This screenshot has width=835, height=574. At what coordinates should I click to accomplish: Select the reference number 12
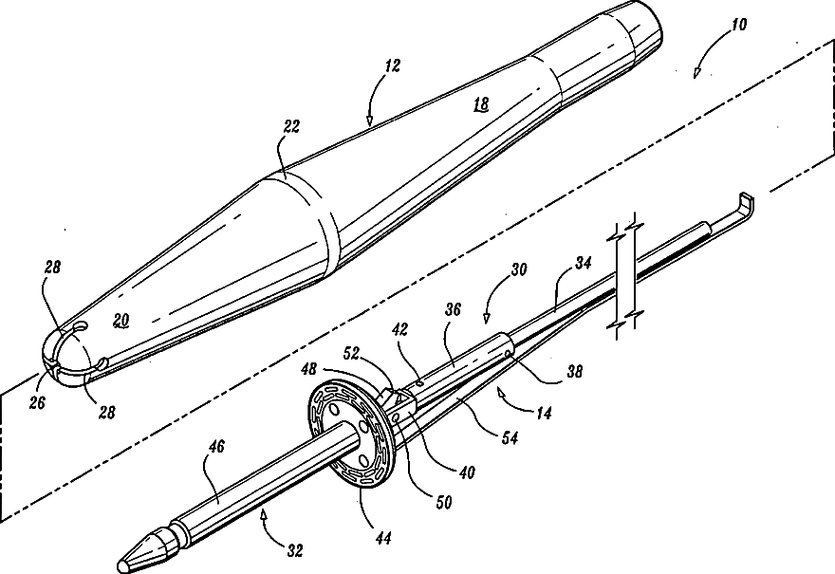pos(393,66)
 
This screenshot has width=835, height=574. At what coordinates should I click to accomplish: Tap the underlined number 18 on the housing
pos(482,105)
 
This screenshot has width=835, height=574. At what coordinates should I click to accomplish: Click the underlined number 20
pos(121,321)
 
